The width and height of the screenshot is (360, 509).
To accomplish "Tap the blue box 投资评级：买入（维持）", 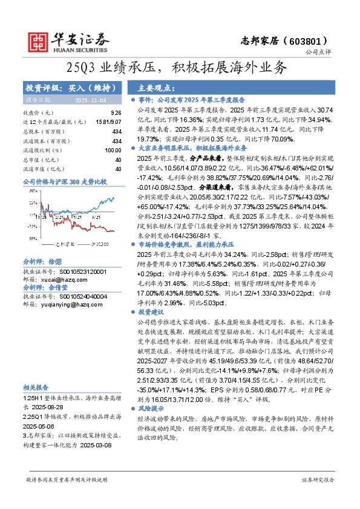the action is pos(70,88).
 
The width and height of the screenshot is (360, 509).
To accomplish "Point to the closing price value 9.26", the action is pos(116,112).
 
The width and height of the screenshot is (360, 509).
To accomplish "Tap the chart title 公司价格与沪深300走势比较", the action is pos(64,181).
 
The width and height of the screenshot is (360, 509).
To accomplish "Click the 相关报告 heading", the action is pos(37,387).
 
